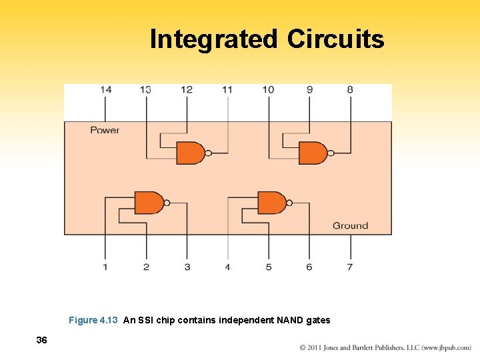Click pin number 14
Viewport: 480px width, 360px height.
(105, 89)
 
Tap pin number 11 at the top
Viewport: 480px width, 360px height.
(227, 89)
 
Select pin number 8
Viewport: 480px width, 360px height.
(350, 89)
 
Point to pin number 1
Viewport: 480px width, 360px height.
(105, 267)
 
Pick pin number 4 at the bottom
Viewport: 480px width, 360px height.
(227, 267)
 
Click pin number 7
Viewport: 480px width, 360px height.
(350, 267)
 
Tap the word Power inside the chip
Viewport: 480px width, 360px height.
(105, 130)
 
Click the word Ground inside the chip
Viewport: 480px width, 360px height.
(350, 226)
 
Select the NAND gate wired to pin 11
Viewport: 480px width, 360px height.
(190, 153)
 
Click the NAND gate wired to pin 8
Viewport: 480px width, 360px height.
(313, 153)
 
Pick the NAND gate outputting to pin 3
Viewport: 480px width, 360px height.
(149, 203)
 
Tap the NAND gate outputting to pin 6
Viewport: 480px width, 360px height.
(271, 203)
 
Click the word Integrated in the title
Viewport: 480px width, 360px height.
(213, 39)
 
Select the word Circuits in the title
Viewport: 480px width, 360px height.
(335, 39)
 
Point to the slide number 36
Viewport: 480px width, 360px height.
(41, 341)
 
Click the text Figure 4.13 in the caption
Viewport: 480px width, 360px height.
(93, 320)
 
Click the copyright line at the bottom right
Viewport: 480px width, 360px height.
(385, 348)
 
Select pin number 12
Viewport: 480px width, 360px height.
(187, 89)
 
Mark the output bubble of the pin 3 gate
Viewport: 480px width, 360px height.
(167, 203)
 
